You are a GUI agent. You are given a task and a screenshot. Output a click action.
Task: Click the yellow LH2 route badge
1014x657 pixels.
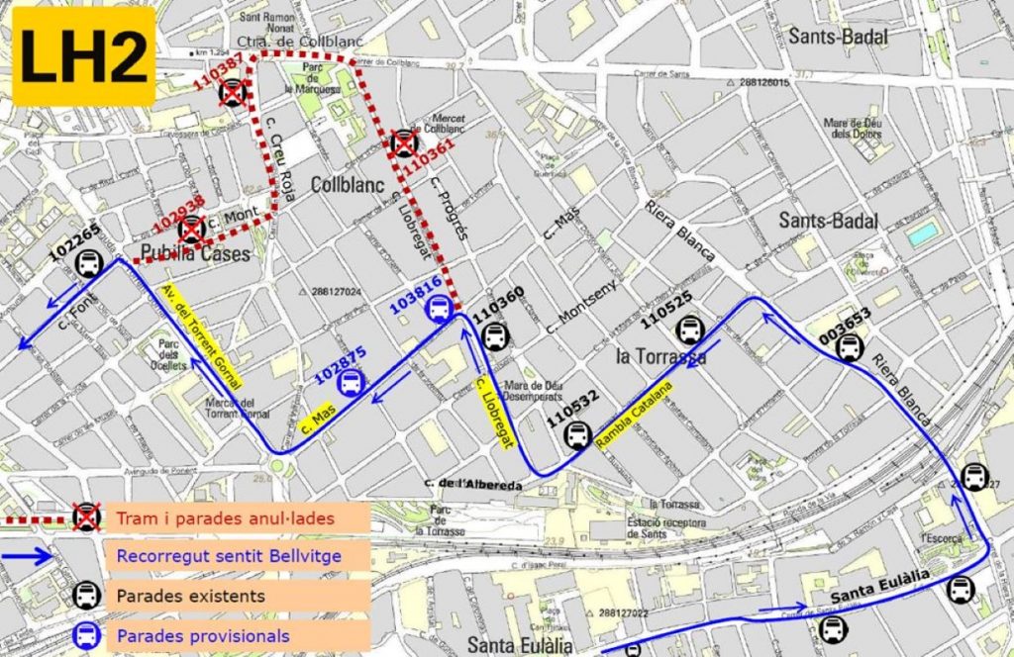coord(83,56)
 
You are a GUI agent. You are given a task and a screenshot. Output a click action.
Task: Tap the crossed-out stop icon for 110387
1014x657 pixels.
coord(233,92)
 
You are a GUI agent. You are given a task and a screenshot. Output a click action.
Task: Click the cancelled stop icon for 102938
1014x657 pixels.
coord(191,229)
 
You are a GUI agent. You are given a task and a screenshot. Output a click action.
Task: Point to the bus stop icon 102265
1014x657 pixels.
coord(89,263)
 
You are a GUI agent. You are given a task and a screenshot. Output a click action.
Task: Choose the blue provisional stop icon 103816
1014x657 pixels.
coord(436,310)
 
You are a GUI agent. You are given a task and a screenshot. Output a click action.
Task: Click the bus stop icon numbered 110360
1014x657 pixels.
coord(493,337)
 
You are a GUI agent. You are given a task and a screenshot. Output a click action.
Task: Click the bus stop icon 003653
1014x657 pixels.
coord(850,346)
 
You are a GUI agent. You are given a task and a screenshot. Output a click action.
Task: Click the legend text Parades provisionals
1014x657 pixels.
coord(203,635)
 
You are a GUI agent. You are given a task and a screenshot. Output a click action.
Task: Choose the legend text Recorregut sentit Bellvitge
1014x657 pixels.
coord(228,556)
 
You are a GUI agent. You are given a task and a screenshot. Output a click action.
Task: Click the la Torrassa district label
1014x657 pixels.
coord(660,356)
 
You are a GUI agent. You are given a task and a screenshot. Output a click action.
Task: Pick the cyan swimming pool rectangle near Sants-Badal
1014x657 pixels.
coord(923,234)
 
